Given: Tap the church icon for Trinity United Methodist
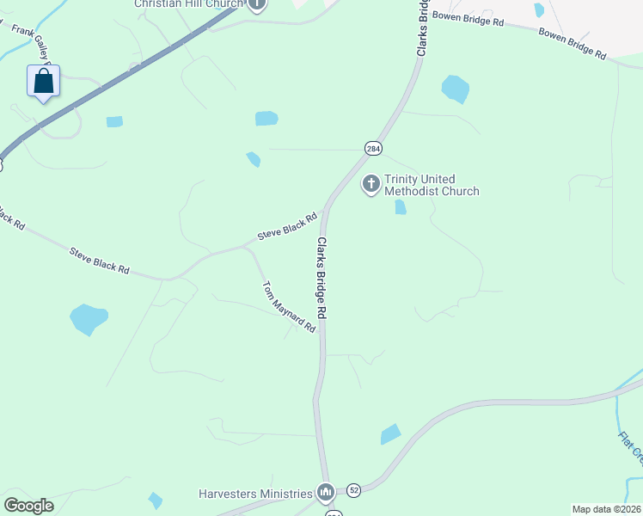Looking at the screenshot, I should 371,183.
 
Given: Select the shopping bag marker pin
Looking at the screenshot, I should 44,83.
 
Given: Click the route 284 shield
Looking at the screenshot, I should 372,149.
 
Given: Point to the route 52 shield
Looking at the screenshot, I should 354,490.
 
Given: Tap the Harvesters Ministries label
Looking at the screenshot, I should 255,494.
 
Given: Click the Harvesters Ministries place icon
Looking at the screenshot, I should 325,493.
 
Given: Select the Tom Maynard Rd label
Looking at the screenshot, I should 289,307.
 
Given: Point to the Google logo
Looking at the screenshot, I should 28,506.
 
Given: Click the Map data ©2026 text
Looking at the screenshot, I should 606,509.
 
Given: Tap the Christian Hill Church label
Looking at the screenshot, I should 189,4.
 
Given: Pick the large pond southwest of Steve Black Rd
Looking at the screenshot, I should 89,319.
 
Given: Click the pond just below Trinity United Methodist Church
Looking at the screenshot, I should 400,207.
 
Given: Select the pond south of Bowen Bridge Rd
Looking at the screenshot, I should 455,89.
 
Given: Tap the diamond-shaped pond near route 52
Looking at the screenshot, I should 390,434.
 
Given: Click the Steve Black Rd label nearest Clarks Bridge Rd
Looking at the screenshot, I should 282,229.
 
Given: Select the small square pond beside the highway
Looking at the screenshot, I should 114,121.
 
